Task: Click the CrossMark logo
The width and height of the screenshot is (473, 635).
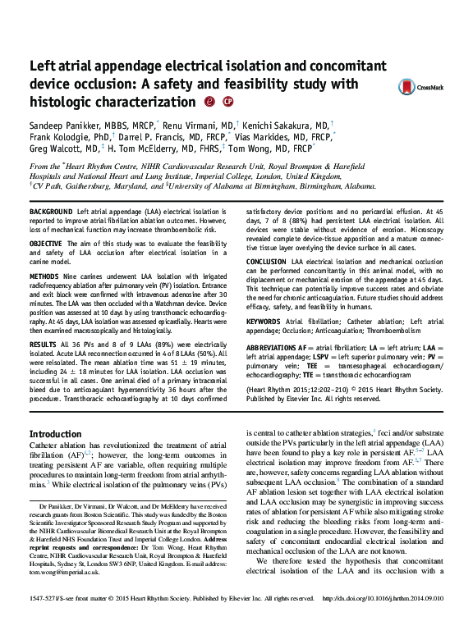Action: click(x=420, y=86)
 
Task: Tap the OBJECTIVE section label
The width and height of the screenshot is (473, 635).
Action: click(x=46, y=245)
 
